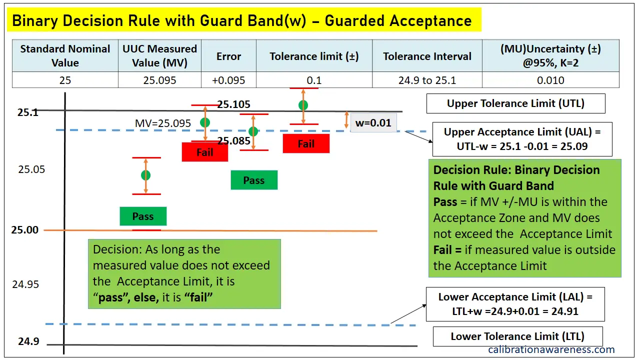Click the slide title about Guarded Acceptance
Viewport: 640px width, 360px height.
pyautogui.click(x=242, y=20)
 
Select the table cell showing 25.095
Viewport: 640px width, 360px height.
pyautogui.click(x=159, y=80)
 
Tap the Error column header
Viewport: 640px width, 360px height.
pyautogui.click(x=228, y=56)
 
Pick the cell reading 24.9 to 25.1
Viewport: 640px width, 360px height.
pyautogui.click(x=427, y=80)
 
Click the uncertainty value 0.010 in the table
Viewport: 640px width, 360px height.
pyautogui.click(x=550, y=80)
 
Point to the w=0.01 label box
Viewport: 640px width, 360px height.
pyautogui.click(x=373, y=122)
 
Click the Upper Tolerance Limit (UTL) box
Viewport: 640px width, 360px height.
pyautogui.click(x=515, y=103)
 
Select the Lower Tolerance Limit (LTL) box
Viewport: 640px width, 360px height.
pyautogui.click(x=517, y=336)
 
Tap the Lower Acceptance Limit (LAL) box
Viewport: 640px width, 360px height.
pyautogui.click(x=515, y=304)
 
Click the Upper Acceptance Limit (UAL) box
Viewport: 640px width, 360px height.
pyautogui.click(x=522, y=139)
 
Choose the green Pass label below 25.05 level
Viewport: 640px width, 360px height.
pyautogui.click(x=143, y=216)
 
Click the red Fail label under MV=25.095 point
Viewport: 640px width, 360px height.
pyautogui.click(x=205, y=152)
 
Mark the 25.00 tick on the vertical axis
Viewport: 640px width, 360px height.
pyautogui.click(x=25, y=230)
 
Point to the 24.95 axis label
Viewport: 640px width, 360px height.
pyautogui.click(x=25, y=284)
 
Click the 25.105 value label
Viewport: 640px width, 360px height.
pyautogui.click(x=234, y=104)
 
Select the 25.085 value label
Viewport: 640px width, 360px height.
pyautogui.click(x=233, y=141)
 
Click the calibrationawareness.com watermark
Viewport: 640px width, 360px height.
pyautogui.click(x=551, y=349)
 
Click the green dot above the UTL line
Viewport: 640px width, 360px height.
pyautogui.click(x=303, y=105)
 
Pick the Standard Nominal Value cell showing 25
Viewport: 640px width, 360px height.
pyautogui.click(x=65, y=80)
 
